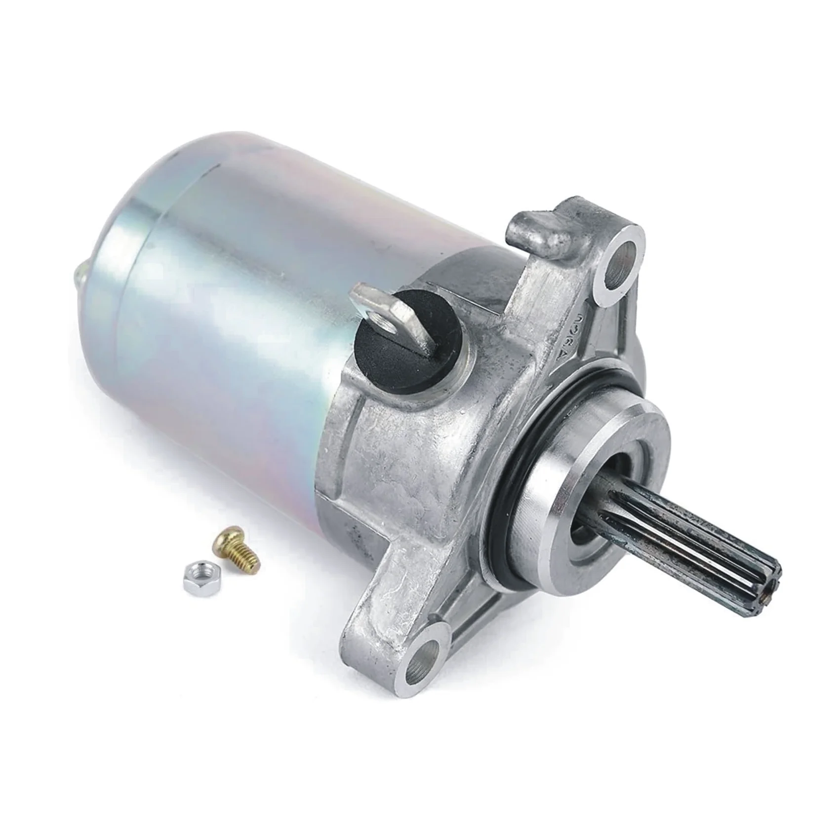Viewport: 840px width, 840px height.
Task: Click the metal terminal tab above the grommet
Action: (x=380, y=311)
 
